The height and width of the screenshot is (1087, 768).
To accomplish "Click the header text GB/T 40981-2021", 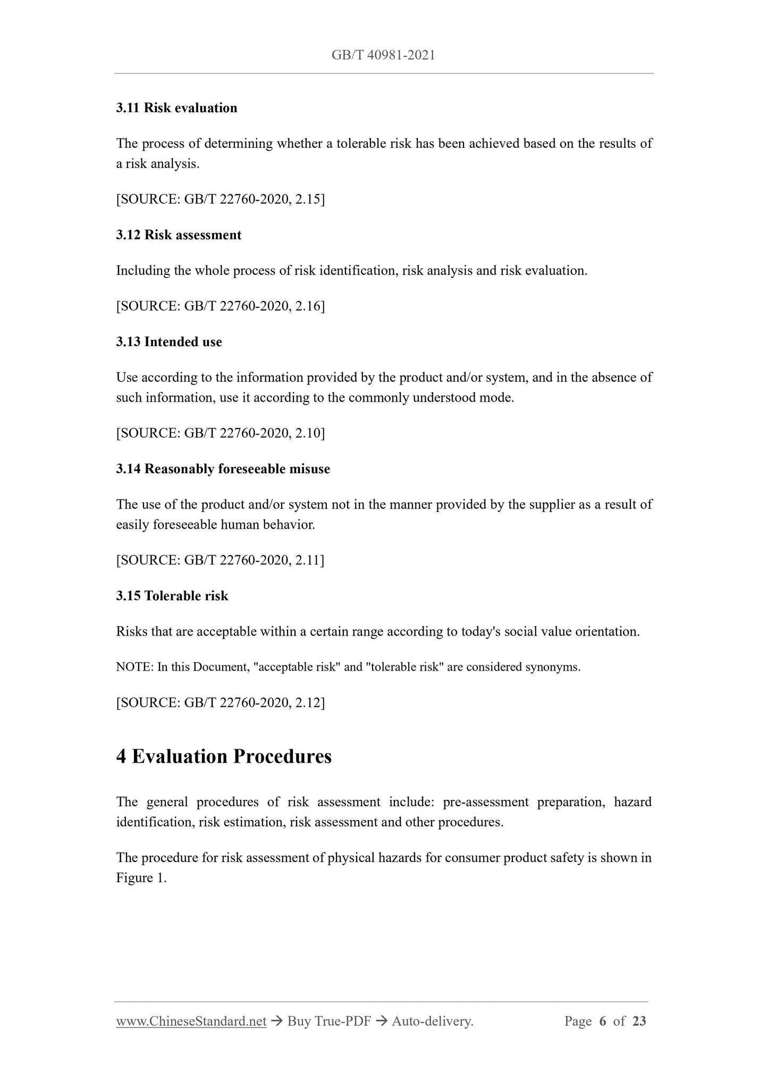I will coord(383,55).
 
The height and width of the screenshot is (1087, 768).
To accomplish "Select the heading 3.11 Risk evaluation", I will coord(176,108).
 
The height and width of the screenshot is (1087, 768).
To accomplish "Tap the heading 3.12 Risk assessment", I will coord(179,235).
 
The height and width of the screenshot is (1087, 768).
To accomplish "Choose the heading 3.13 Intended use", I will coord(169,342).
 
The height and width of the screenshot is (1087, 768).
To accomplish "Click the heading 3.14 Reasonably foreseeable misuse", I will coord(223,469).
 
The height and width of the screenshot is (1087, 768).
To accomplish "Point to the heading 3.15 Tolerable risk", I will coord(172,596).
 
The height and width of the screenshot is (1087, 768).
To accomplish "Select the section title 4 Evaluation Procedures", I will coord(224,756).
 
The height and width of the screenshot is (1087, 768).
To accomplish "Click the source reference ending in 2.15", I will coord(220,199).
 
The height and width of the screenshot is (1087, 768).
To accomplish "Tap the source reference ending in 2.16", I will coord(220,306).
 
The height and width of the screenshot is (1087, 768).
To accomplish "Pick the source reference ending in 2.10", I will coord(220,433).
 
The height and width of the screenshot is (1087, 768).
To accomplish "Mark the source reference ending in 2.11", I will coord(220,561).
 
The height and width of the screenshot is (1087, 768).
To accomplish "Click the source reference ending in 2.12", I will coord(220,703).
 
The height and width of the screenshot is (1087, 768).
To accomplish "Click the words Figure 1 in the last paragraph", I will coord(140,878).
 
